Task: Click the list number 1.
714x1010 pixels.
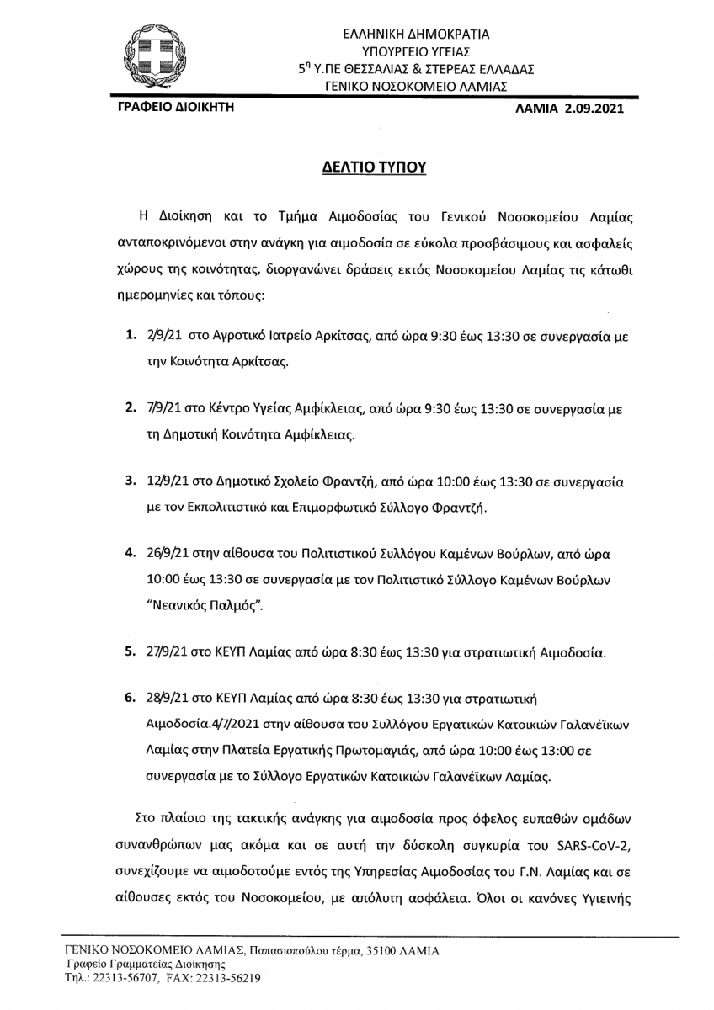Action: pyautogui.click(x=131, y=335)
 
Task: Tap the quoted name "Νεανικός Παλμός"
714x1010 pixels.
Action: pyautogui.click(x=197, y=604)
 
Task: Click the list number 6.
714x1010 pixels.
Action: pyautogui.click(x=131, y=699)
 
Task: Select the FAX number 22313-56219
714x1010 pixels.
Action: pyautogui.click(x=219, y=979)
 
